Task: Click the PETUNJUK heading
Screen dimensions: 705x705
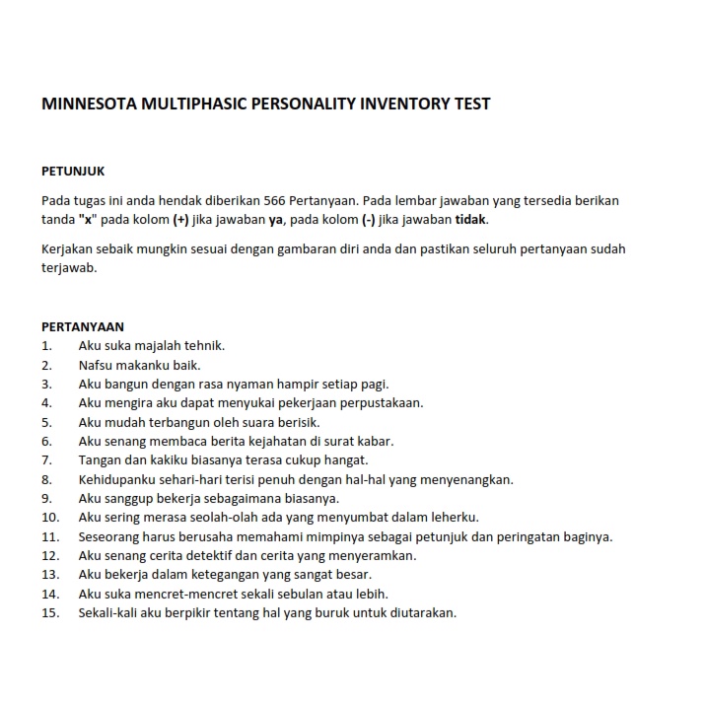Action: pos(73,172)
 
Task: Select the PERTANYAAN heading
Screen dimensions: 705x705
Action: pos(83,326)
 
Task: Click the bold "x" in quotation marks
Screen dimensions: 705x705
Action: pos(86,219)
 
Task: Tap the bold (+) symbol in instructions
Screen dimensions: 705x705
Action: pos(180,219)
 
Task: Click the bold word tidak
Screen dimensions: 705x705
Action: pos(470,219)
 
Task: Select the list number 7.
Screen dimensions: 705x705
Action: pos(46,460)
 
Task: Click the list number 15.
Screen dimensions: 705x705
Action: pos(50,612)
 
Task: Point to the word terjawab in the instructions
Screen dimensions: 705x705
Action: pos(68,267)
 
